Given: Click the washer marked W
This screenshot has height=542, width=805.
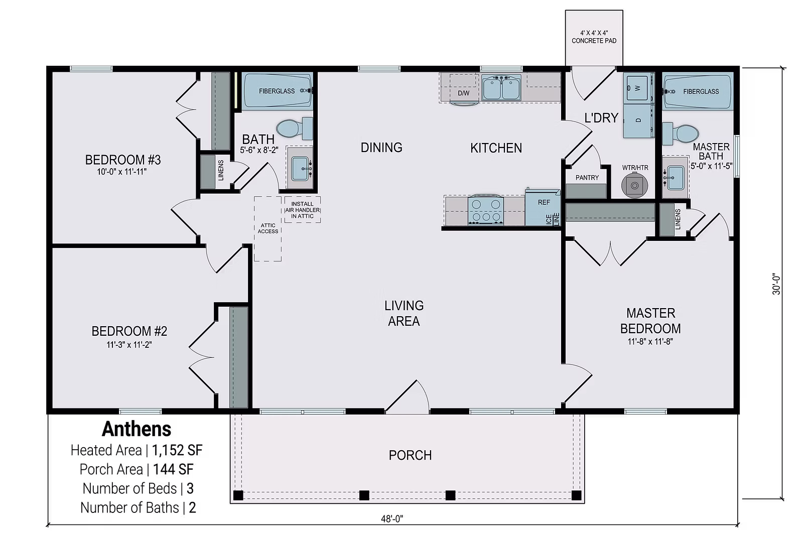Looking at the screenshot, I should pos(637,88).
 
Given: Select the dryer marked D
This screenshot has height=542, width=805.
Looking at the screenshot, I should pos(638,120).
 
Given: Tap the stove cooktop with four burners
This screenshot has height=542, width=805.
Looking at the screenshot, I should pos(485,210).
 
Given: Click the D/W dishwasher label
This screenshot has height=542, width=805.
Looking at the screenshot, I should pos(463,93).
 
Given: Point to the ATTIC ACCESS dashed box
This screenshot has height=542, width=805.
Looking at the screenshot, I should pos(267,228).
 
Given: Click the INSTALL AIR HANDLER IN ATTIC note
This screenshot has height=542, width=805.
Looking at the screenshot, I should pos(302,210).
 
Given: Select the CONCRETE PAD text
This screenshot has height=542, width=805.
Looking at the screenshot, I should pos(594,41).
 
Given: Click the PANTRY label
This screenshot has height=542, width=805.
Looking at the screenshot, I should pos(587,178).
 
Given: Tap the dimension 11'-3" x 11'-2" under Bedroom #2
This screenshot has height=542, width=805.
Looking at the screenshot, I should pos(129,345).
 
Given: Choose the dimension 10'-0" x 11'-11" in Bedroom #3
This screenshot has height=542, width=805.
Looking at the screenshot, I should pos(122,172).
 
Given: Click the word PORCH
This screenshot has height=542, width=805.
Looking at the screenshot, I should pos(410,455).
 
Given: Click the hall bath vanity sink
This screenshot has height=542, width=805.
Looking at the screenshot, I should pos(301,167).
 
